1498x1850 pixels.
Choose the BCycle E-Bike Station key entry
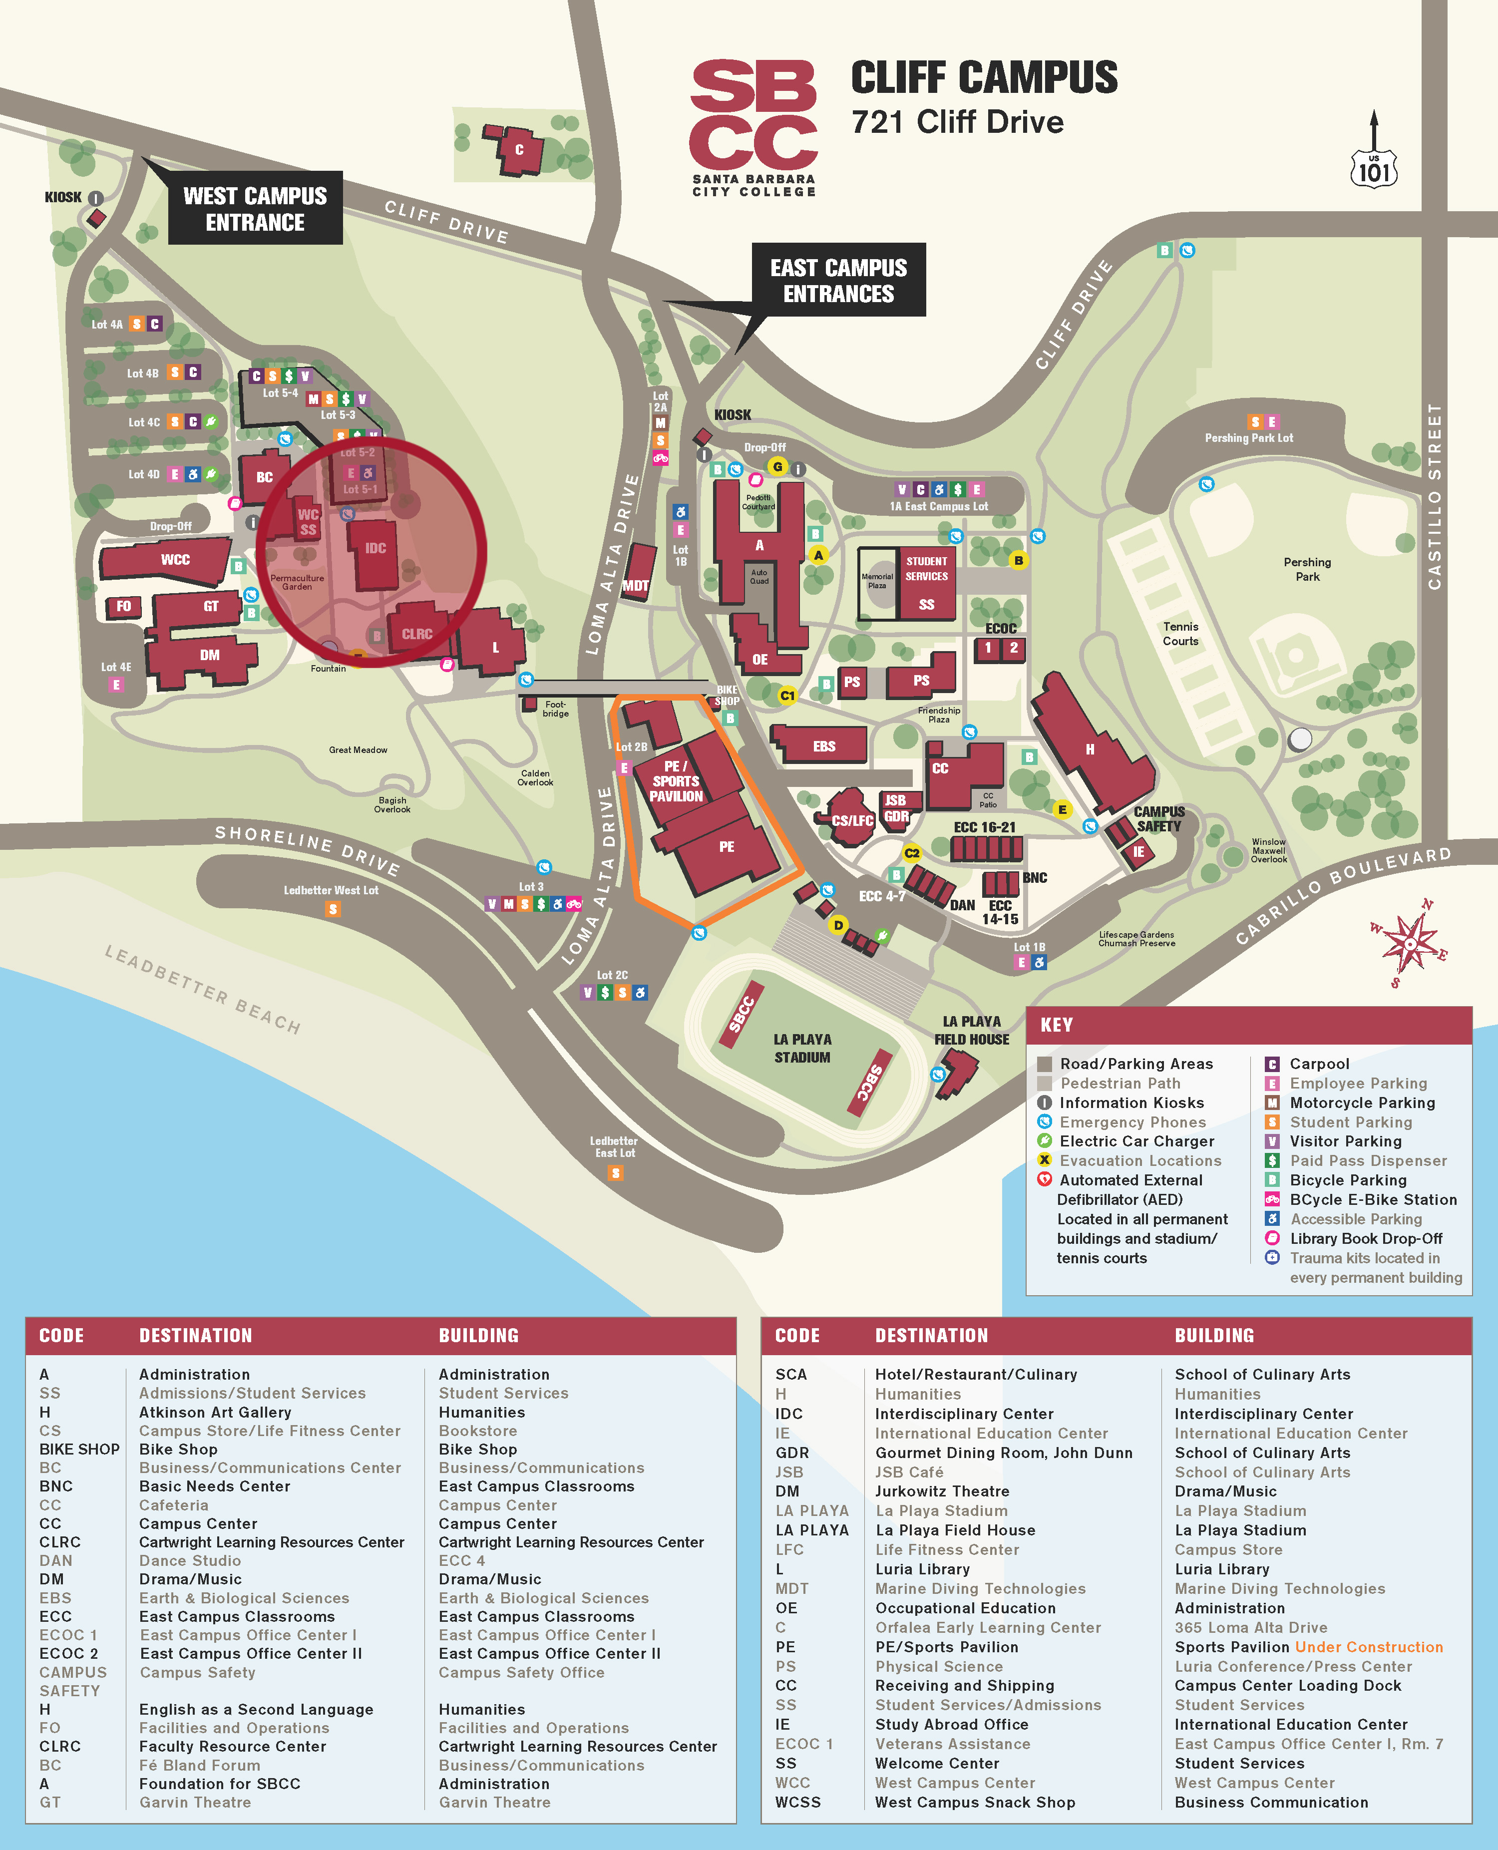click(x=1372, y=1199)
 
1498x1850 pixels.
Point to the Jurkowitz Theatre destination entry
click(x=941, y=1491)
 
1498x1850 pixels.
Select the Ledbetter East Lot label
click(x=614, y=1147)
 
